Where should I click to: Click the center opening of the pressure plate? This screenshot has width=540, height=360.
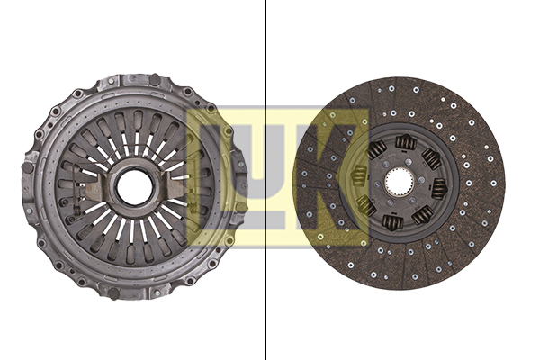pyautogui.click(x=135, y=187)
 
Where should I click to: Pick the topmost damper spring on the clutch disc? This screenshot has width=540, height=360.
pyautogui.click(x=402, y=144)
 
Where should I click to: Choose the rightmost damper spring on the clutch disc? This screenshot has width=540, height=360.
pyautogui.click(x=438, y=188)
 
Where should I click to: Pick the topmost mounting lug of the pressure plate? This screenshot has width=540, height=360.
pyautogui.click(x=135, y=79)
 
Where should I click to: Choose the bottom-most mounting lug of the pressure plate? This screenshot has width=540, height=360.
pyautogui.click(x=135, y=293)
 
